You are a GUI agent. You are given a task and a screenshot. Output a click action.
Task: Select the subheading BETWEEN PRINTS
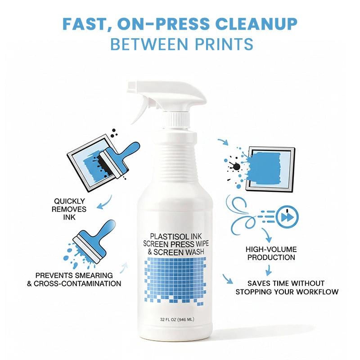click(x=181, y=44)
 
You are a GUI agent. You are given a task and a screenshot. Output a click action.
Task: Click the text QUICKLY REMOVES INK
click(x=70, y=209)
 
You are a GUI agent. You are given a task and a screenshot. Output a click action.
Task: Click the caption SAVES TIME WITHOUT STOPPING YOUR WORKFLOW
click(x=286, y=288)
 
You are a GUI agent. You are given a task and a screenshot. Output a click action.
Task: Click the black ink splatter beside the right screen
click(x=234, y=165)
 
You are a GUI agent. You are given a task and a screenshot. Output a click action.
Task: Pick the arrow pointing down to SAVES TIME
click(x=269, y=270)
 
